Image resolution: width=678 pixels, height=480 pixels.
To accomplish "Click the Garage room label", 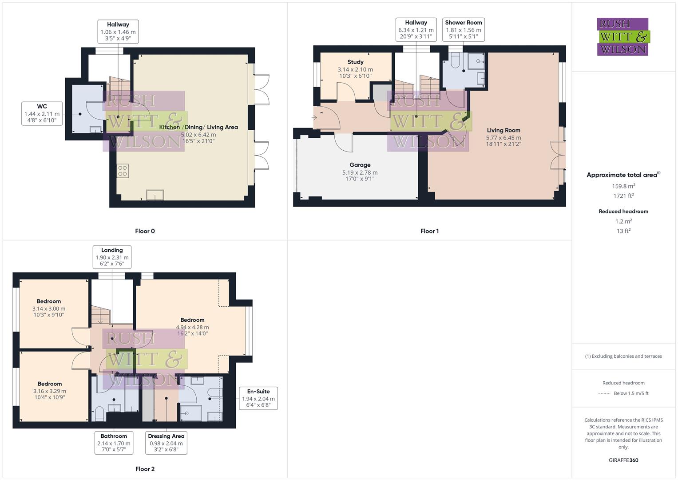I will (360, 165).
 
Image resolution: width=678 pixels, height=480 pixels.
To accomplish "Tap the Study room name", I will (355, 62).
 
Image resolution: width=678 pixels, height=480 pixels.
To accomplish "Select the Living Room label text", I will (504, 130).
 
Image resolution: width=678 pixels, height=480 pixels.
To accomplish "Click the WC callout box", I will (42, 113).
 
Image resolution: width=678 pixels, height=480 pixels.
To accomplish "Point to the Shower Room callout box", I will (463, 29).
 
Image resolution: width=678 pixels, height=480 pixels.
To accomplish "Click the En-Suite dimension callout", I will (258, 398).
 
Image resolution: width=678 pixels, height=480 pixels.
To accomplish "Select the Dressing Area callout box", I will (166, 443).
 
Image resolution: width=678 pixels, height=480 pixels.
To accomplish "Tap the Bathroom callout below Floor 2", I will (114, 443).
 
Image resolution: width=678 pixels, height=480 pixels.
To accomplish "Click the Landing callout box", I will (112, 257).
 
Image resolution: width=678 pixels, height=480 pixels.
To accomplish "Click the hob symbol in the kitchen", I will (123, 171).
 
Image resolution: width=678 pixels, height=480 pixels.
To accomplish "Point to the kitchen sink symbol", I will (155, 195).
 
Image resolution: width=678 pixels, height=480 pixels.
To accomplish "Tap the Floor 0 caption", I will (145, 231).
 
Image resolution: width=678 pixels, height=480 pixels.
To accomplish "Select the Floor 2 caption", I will (145, 469).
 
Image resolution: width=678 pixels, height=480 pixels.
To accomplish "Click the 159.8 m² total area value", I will (623, 186).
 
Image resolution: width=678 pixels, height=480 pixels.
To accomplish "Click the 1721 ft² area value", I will (623, 196).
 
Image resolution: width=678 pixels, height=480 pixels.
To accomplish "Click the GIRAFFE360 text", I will (623, 460).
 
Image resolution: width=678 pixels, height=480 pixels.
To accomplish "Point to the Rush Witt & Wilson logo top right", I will (622, 36).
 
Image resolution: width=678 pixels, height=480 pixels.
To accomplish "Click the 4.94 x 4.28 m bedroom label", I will (192, 327).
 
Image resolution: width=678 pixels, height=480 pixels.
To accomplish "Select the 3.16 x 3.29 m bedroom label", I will (50, 391).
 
